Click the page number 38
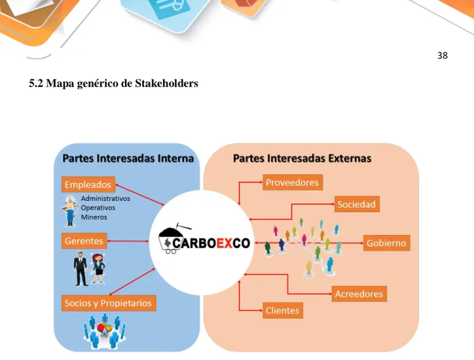coord(442,56)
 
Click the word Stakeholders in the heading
coord(167,83)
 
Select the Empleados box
coord(88,184)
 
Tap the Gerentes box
coord(84,241)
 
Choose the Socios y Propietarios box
coord(109,303)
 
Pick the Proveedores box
coord(293,182)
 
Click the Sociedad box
coord(356,204)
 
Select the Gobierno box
coord(386,243)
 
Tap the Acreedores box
coord(359,294)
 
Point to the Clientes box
coord(283,310)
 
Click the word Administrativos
coord(106,198)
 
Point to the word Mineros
coord(94,217)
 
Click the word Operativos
coord(98,208)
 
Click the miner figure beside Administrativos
coord(70,211)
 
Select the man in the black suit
coord(81,269)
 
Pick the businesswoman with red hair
coord(98,269)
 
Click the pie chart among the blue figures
coord(104,327)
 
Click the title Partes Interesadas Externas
coord(302,159)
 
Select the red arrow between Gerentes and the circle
coord(128,241)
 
